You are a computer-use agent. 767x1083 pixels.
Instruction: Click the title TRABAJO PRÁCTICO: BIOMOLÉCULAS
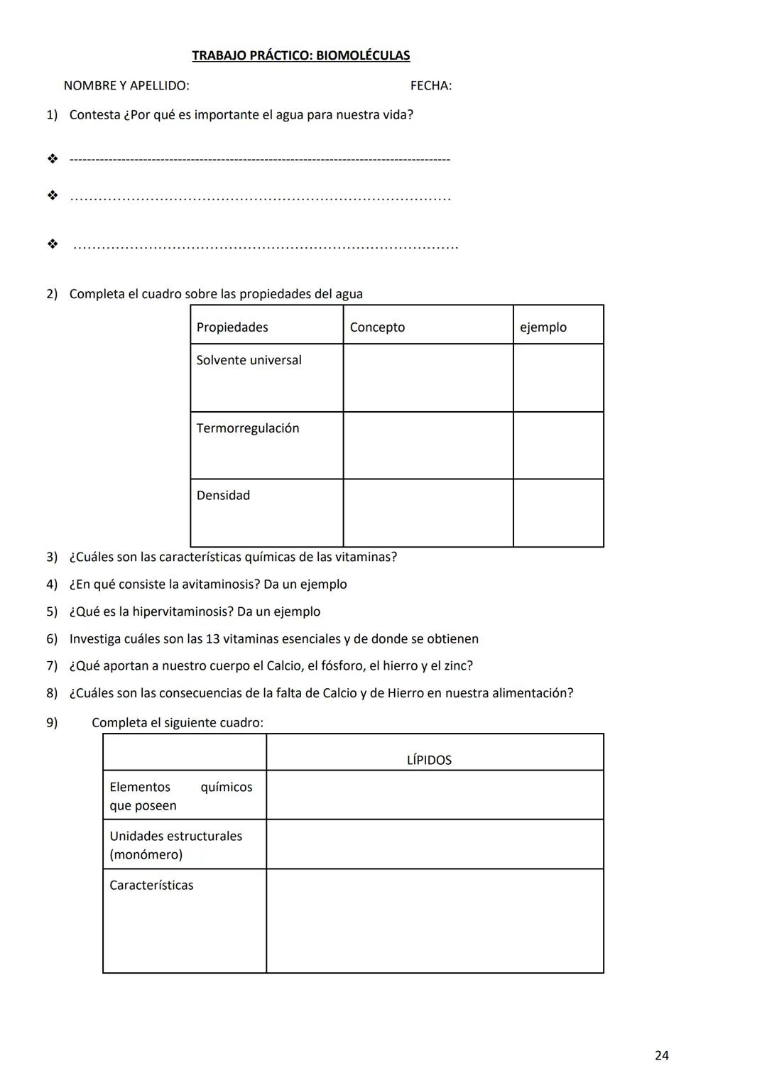coord(300,55)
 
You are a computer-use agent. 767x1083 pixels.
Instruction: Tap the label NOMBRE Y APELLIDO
coord(126,86)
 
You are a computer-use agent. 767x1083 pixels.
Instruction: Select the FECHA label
coord(430,86)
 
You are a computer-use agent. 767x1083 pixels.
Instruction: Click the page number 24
coord(661,1055)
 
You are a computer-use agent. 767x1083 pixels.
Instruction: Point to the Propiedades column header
coord(232,327)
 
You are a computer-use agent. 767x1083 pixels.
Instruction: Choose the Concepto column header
coord(377,327)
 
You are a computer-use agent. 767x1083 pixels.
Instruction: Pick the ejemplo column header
coord(543,327)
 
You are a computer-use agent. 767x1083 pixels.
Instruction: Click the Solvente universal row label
coord(249,360)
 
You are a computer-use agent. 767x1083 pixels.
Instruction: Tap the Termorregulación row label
coord(248,428)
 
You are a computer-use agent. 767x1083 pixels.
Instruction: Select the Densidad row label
coord(223,496)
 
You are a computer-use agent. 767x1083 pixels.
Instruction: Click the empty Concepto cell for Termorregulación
coord(428,445)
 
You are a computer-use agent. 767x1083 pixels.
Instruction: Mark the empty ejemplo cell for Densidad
coord(558,513)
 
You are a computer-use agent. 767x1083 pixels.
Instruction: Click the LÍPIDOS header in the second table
coord(429,760)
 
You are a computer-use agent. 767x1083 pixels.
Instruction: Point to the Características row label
coord(151,886)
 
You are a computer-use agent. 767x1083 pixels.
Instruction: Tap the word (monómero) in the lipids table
coord(146,855)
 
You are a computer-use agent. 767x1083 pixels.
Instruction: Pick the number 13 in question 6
coord(212,639)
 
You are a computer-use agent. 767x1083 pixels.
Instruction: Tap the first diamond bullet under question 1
coord(53,159)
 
